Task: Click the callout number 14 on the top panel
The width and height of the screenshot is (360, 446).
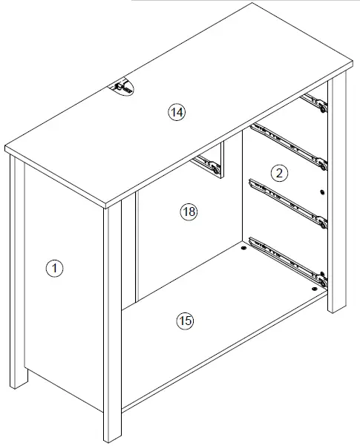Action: (x=176, y=112)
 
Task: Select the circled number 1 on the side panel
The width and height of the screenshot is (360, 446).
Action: (x=54, y=268)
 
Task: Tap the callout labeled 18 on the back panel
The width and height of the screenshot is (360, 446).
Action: (x=189, y=212)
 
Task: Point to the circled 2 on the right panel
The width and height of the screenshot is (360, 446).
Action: (x=279, y=174)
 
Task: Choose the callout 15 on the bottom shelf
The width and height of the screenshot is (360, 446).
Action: (x=185, y=321)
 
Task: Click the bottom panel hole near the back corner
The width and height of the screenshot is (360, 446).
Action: (x=243, y=249)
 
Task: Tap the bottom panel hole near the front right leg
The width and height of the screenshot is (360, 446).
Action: (x=315, y=286)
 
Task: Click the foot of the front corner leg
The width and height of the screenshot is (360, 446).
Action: (x=112, y=436)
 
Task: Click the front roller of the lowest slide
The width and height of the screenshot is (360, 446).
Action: (x=321, y=275)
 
